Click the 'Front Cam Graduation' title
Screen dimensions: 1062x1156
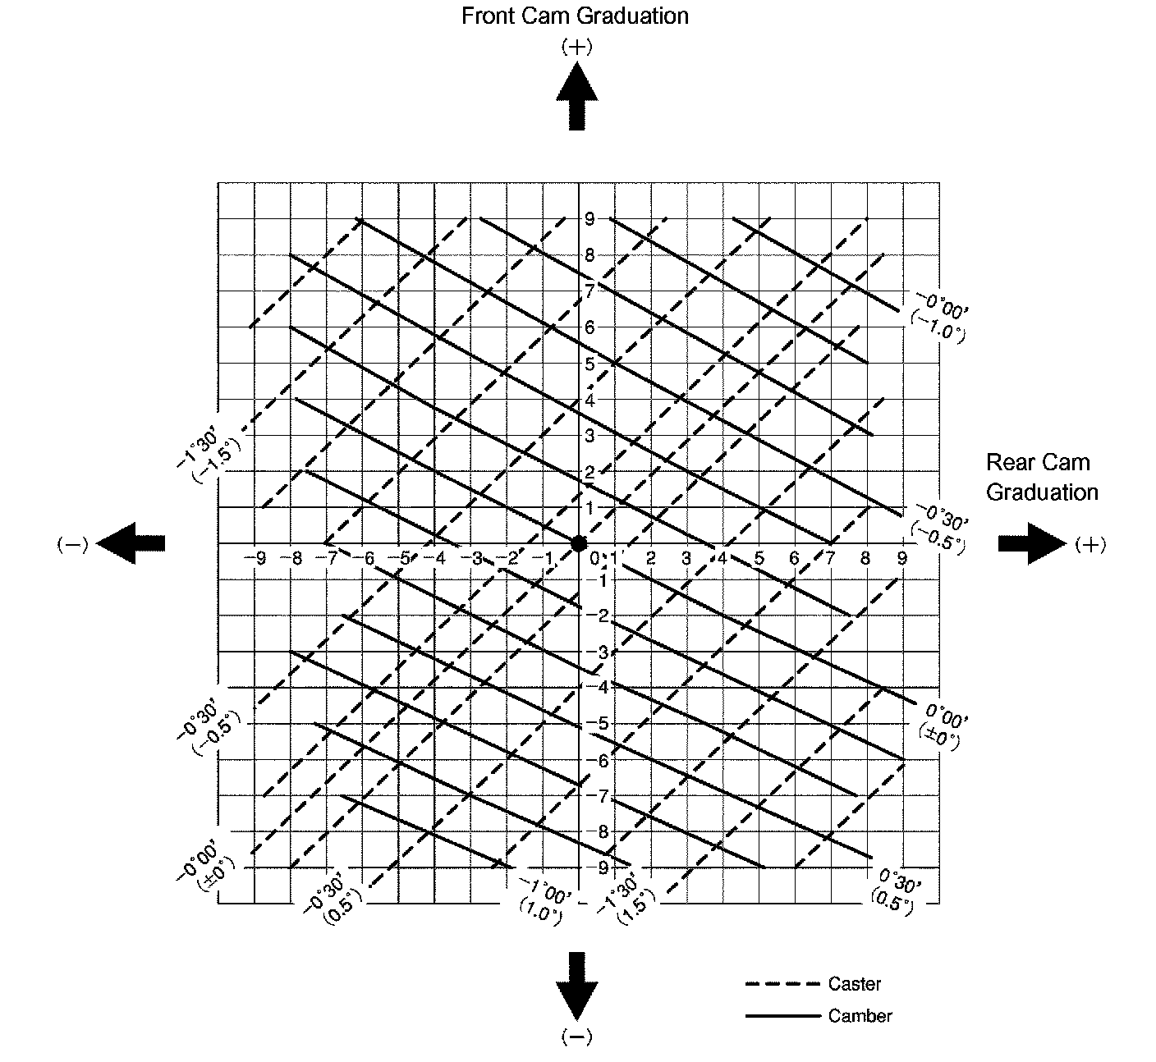pyautogui.click(x=575, y=16)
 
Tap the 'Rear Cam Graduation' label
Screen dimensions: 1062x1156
pyautogui.click(x=1041, y=477)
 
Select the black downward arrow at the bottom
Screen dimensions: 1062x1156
pyautogui.click(x=576, y=985)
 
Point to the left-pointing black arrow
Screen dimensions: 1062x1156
pyautogui.click(x=131, y=543)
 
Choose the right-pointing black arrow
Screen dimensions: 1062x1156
pyautogui.click(x=1031, y=543)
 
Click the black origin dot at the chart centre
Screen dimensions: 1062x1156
pyautogui.click(x=579, y=543)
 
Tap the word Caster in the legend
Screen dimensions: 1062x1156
pyautogui.click(x=854, y=983)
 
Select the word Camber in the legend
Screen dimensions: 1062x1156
pyautogui.click(x=860, y=1016)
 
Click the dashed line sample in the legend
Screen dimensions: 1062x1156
pyautogui.click(x=782, y=983)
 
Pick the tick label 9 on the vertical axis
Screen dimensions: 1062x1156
pyautogui.click(x=589, y=218)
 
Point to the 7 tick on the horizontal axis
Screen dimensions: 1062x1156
pyautogui.click(x=830, y=559)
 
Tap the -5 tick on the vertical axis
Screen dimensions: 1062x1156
pyautogui.click(x=601, y=724)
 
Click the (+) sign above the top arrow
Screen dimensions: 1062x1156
pyautogui.click(x=576, y=47)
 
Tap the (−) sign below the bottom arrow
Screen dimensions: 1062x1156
pyautogui.click(x=576, y=1037)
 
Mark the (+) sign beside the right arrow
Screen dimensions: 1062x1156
pyautogui.click(x=1089, y=544)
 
